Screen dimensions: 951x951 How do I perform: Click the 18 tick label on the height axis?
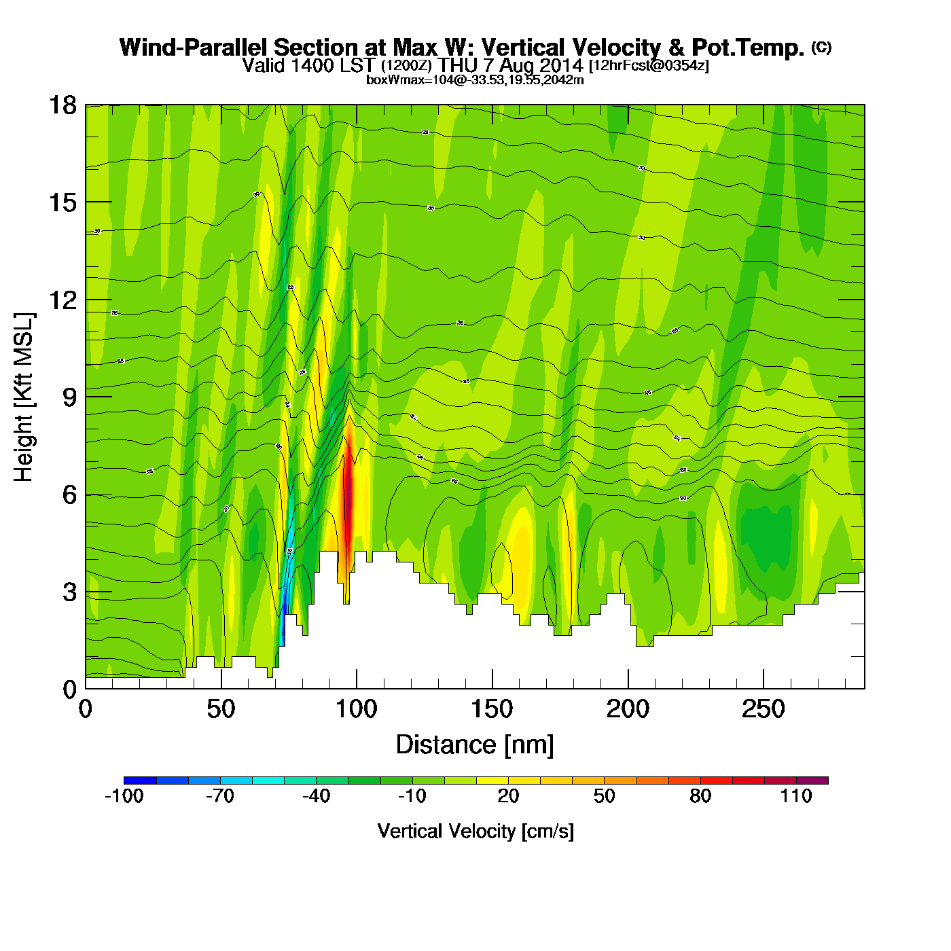62,105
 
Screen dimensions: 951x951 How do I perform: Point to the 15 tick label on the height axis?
62,202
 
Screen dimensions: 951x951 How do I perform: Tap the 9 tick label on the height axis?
69,397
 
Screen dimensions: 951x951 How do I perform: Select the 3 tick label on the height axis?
69,592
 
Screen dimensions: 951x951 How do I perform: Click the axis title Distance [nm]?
475,745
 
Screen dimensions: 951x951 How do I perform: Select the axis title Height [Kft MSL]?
24,397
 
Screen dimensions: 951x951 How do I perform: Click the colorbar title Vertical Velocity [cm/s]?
475,831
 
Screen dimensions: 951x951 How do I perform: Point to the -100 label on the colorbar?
124,796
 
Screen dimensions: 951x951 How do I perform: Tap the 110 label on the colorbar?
796,796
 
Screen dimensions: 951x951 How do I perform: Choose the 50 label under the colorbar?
604,796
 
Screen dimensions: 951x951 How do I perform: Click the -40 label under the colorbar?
316,796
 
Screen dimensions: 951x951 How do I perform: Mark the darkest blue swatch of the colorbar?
140,780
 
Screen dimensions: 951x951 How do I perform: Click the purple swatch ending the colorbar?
812,780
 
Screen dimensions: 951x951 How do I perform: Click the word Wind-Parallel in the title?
196,48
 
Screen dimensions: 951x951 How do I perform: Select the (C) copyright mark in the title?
821,47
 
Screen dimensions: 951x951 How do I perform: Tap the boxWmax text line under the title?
475,79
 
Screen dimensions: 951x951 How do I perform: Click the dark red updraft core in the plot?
348,489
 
